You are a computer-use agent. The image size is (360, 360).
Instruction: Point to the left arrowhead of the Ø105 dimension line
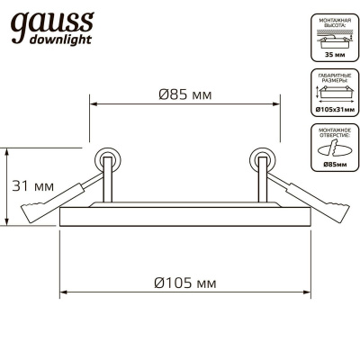63,293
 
